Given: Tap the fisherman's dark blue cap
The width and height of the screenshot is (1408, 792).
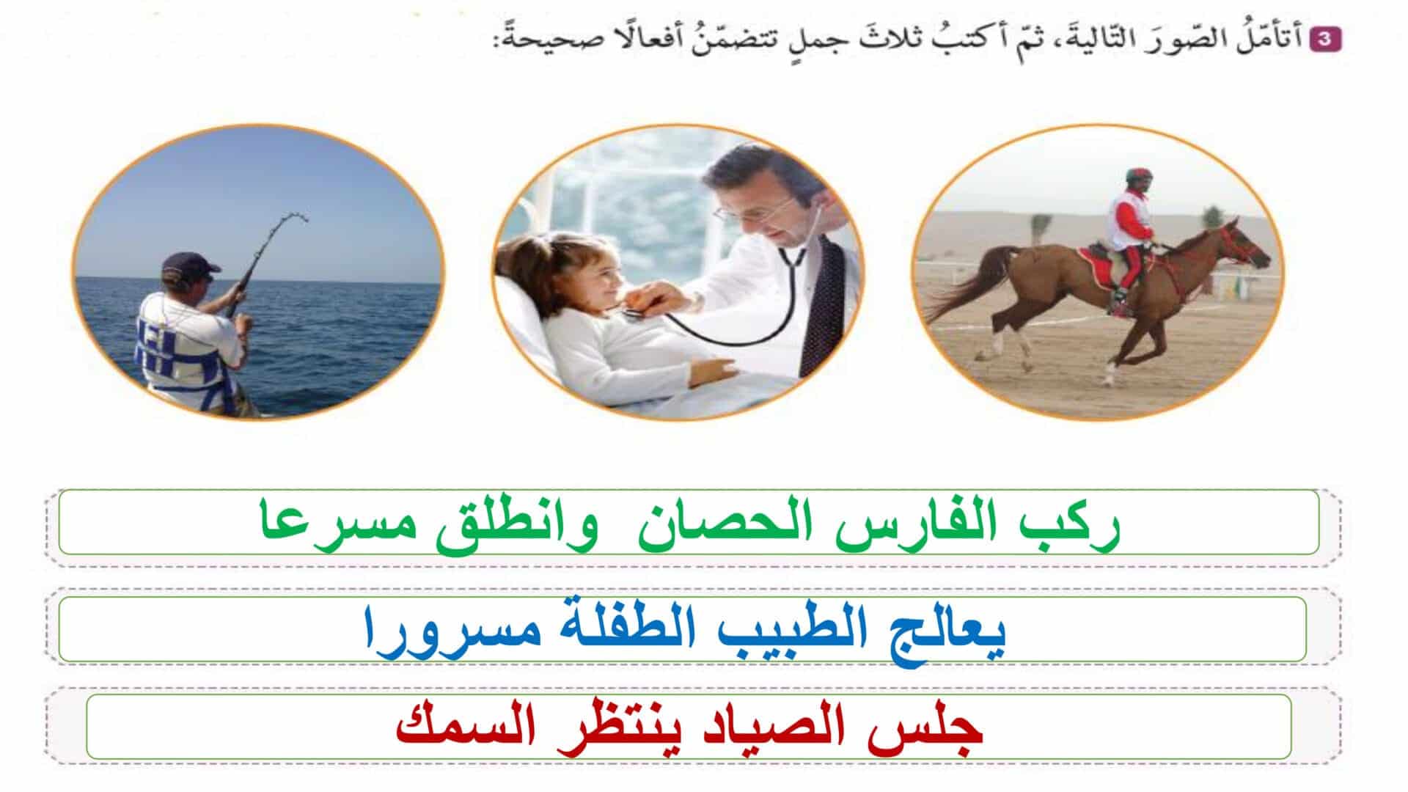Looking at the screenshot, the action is pos(189,264).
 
